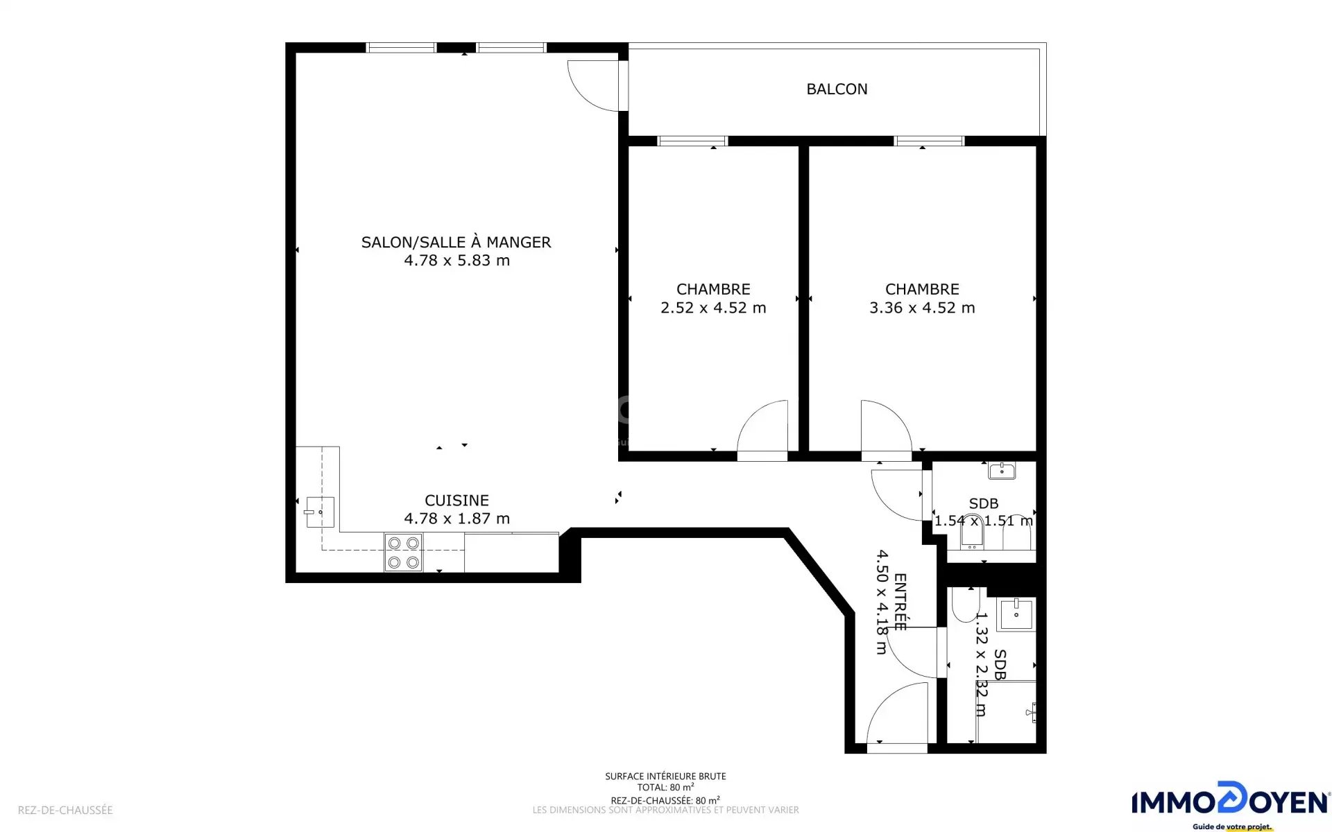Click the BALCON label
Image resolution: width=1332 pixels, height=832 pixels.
pyautogui.click(x=837, y=89)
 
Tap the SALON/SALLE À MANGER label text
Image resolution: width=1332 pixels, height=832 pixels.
pyautogui.click(x=456, y=242)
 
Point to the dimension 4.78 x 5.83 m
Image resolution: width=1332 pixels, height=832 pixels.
pyautogui.click(x=456, y=261)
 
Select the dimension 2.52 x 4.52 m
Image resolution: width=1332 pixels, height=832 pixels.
pyautogui.click(x=713, y=308)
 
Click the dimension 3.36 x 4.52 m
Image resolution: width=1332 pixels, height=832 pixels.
pyautogui.click(x=922, y=308)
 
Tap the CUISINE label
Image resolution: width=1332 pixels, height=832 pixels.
pyautogui.click(x=456, y=500)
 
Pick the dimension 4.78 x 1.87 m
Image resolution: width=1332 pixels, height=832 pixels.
pyautogui.click(x=456, y=519)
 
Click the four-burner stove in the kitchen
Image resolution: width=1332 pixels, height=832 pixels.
pyautogui.click(x=404, y=553)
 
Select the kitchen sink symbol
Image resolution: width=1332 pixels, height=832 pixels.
pyautogui.click(x=319, y=512)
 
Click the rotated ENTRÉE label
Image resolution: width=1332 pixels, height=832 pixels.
pyautogui.click(x=900, y=602)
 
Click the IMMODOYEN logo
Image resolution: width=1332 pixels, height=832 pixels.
pyautogui.click(x=1231, y=804)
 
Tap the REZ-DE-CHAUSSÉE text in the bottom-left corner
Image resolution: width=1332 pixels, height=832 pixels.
pyautogui.click(x=65, y=810)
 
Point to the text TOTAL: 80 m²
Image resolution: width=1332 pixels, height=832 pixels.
pyautogui.click(x=665, y=787)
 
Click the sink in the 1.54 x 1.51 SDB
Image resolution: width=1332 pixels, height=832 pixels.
pyautogui.click(x=1002, y=471)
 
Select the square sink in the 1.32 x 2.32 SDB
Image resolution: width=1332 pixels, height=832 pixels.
pyautogui.click(x=1016, y=614)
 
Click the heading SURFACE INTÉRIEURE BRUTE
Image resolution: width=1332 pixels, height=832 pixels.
pyautogui.click(x=665, y=777)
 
